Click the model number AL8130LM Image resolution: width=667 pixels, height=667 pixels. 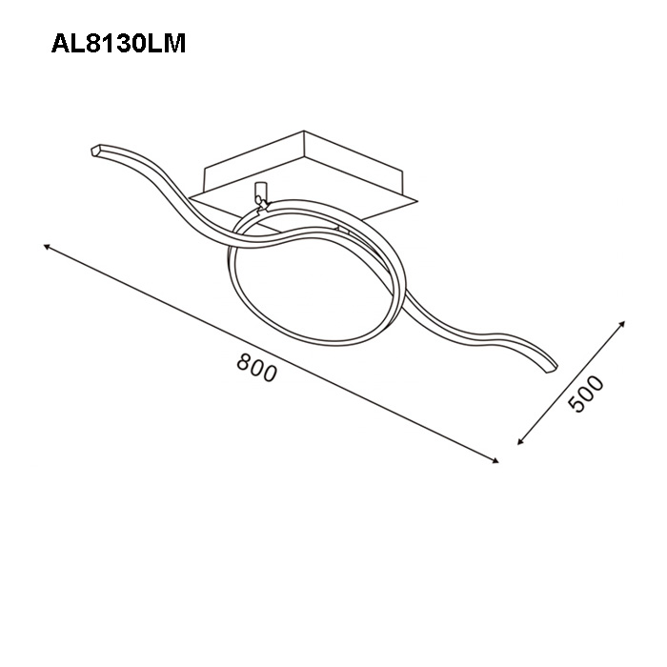(x=118, y=44)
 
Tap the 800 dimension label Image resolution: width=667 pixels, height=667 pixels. (x=256, y=368)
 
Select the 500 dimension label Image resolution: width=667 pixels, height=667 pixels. (x=586, y=394)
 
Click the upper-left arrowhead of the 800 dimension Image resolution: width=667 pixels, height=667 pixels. (x=47, y=247)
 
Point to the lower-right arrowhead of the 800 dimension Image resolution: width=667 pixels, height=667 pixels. (x=495, y=460)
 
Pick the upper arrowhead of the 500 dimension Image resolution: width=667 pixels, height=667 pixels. (x=622, y=324)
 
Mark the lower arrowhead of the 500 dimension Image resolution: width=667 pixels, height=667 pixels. (x=520, y=441)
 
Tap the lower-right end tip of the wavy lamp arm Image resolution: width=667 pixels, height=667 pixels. (x=552, y=369)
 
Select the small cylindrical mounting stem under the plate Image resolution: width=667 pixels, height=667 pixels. (x=259, y=191)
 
